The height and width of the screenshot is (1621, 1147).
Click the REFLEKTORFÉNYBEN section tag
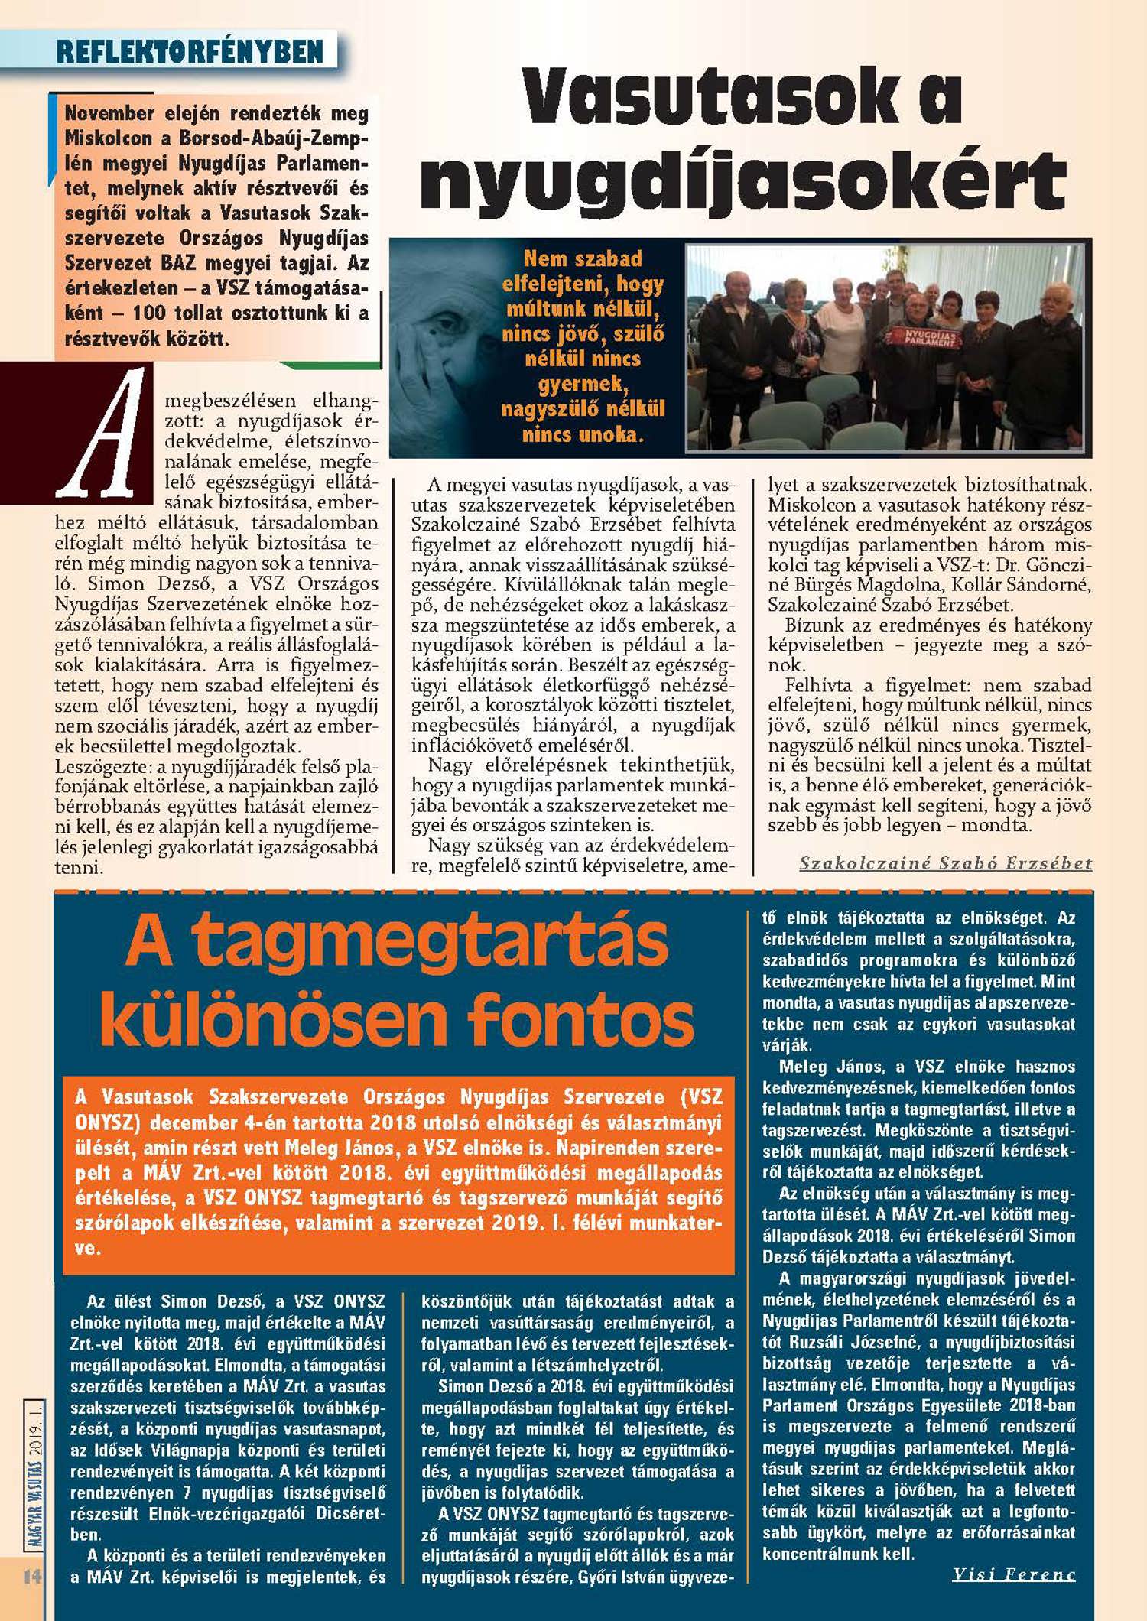[x=190, y=52]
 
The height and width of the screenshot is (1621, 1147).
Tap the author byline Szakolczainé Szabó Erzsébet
[x=945, y=863]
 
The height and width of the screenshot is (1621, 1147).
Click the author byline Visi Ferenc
[x=1014, y=1574]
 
